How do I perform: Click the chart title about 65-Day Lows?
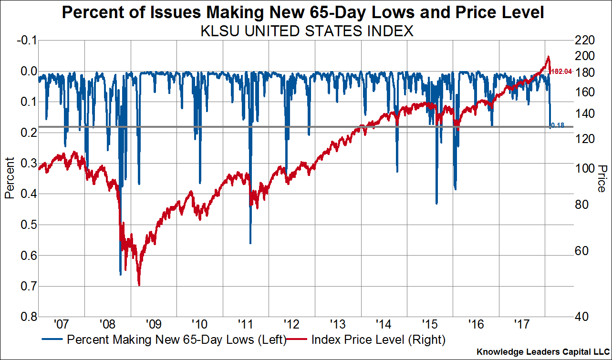tap(303, 13)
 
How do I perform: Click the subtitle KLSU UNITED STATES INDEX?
tap(306, 32)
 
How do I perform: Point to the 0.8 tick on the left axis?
tap(28, 317)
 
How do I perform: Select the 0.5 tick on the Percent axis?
tap(28, 225)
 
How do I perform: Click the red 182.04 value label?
tap(561, 72)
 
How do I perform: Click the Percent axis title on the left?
tap(10, 178)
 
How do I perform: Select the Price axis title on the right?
tap(601, 178)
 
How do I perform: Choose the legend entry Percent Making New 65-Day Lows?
tap(164, 340)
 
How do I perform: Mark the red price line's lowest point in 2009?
tap(139, 285)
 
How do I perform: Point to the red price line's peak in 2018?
tap(549, 57)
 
